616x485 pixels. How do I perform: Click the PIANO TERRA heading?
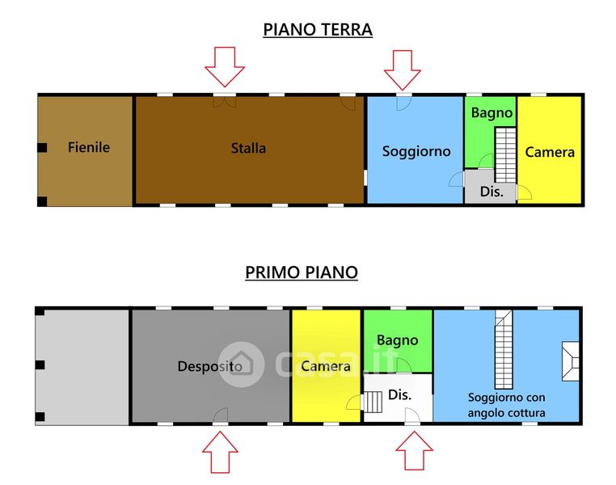(318, 30)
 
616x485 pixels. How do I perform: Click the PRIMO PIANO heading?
(302, 272)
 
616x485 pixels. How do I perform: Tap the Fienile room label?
(89, 148)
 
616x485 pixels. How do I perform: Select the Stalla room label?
(248, 148)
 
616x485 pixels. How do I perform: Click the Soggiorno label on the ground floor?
(416, 151)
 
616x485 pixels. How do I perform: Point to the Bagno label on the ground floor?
(492, 113)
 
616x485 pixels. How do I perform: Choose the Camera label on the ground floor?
(550, 151)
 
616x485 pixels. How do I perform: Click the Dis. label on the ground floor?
(492, 192)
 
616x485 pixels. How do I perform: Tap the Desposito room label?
(210, 366)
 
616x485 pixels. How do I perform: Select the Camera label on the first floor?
(326, 366)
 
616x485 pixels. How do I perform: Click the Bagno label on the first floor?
(397, 340)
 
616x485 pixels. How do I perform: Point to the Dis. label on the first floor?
(400, 395)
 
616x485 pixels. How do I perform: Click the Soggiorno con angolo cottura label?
(507, 405)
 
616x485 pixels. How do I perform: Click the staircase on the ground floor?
(505, 154)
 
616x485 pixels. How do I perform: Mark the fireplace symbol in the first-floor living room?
(569, 361)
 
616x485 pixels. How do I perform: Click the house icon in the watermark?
(242, 364)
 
